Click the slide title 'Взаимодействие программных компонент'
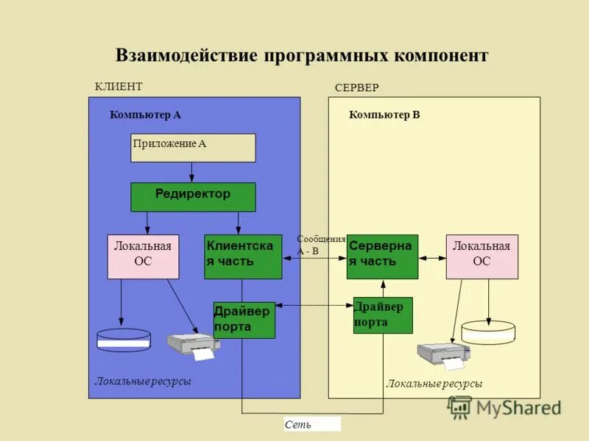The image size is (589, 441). [302, 56]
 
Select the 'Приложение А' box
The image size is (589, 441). [193, 148]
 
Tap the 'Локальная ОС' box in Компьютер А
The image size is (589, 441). [143, 257]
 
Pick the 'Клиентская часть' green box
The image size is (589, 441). [243, 257]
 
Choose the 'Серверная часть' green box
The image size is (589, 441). [382, 257]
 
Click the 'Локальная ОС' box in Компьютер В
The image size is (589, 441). [482, 257]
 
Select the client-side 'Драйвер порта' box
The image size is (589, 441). [244, 320]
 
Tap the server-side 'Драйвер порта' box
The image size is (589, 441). [383, 315]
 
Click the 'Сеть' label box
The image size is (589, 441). [312, 424]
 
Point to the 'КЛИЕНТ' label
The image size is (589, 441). [119, 86]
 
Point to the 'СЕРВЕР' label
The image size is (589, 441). [356, 87]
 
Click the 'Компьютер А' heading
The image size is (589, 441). [145, 115]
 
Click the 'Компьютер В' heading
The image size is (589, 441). [384, 115]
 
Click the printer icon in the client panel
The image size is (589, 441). [193, 345]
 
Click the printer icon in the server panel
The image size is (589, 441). [443, 355]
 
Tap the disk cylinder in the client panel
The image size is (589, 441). [124, 340]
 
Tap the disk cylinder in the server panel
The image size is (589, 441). [488, 331]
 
